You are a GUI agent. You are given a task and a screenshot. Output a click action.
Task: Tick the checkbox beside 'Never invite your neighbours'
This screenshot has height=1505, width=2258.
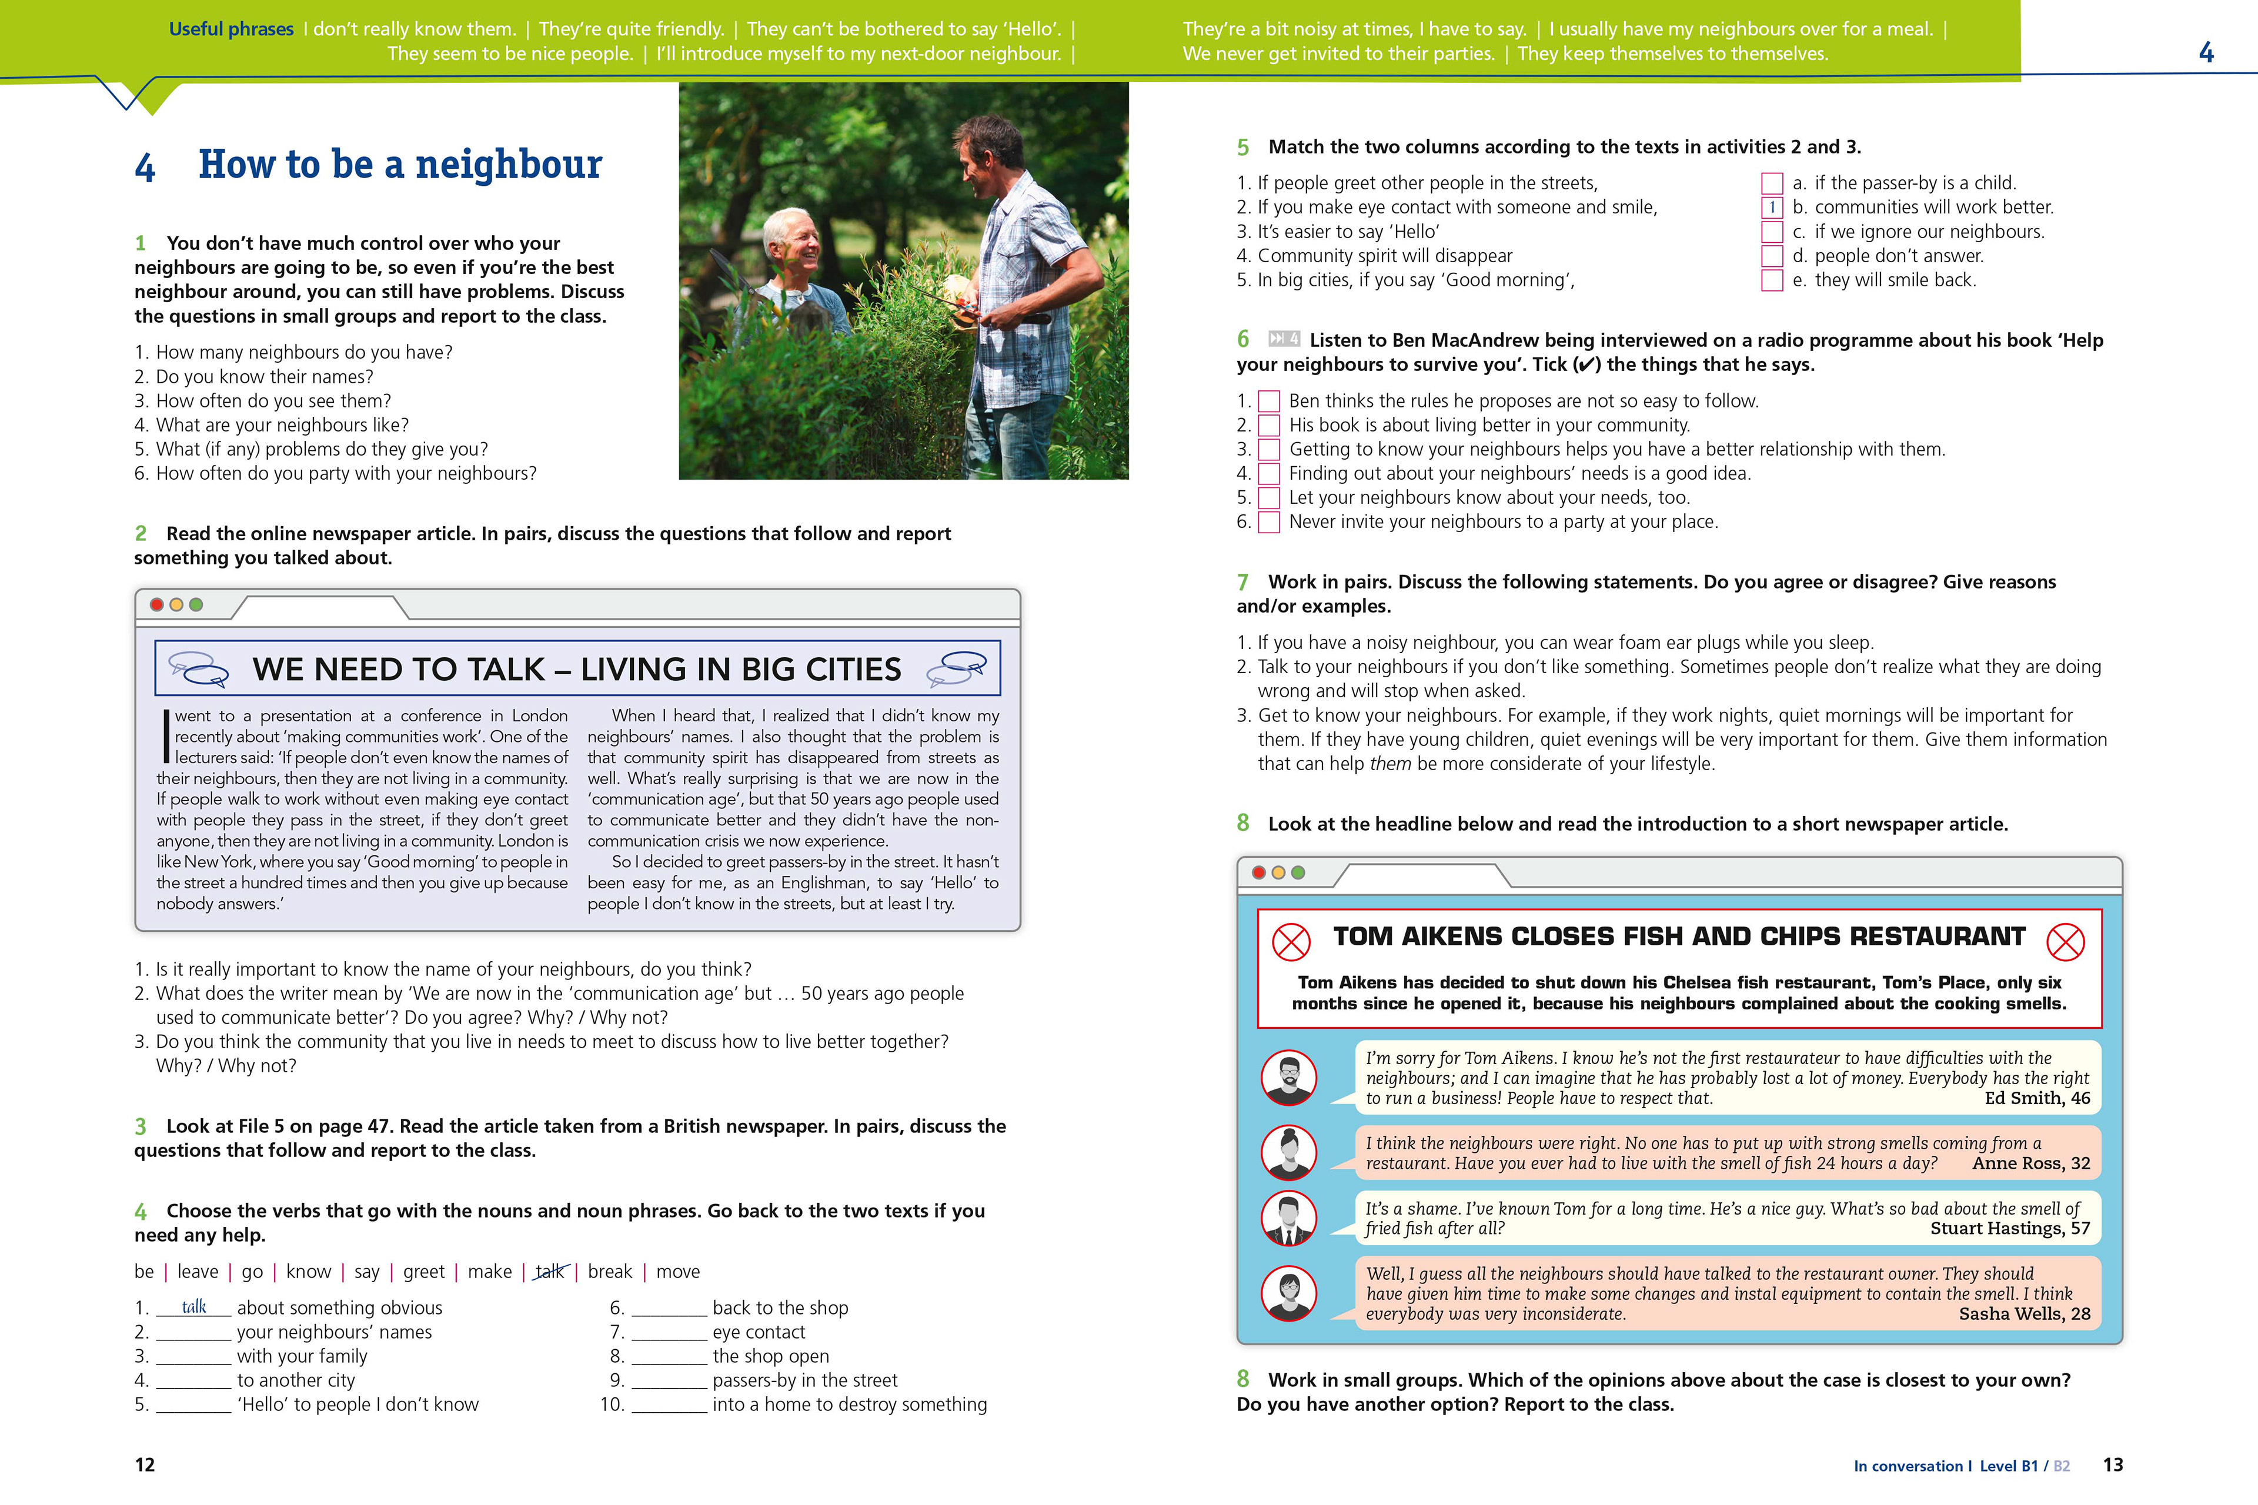click(x=1268, y=522)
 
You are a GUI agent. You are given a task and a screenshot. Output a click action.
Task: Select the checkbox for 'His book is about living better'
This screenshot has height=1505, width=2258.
click(x=1268, y=425)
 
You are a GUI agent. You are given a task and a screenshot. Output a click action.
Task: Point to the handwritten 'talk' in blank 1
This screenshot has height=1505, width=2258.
click(x=194, y=1306)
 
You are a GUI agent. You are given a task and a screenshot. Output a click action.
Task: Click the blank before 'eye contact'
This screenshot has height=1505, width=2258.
click(x=669, y=1332)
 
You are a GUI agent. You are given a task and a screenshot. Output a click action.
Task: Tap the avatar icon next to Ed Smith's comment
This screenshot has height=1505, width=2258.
click(x=1288, y=1078)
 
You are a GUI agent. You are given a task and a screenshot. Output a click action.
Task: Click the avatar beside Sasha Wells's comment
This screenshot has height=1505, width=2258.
click(x=1288, y=1293)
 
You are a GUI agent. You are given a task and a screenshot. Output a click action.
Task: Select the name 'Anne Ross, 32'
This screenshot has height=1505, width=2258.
click(x=2030, y=1163)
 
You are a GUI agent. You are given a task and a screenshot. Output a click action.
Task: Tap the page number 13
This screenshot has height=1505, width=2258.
click(x=2113, y=1464)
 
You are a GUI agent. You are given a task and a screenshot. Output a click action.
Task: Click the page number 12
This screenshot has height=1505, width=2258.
click(x=145, y=1464)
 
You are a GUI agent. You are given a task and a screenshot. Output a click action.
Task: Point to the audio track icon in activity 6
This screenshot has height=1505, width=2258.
click(x=1284, y=339)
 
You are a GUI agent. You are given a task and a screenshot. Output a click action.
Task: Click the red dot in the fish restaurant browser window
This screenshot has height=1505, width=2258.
click(x=1258, y=872)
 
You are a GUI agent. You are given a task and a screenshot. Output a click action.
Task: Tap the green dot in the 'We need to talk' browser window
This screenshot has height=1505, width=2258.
click(x=196, y=605)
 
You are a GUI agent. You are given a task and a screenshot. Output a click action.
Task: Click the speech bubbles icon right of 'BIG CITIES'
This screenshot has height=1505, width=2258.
click(x=956, y=668)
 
